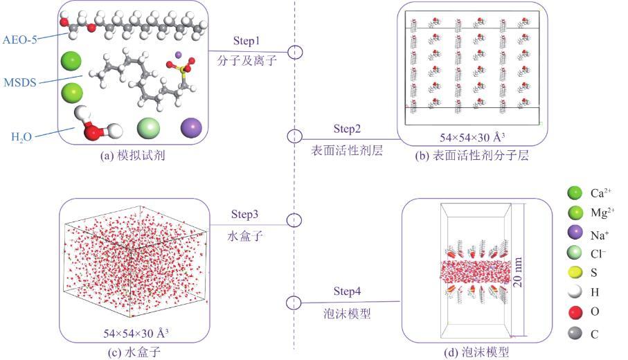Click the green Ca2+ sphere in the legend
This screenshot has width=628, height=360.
tap(573, 192)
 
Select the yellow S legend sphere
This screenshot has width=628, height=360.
tap(573, 273)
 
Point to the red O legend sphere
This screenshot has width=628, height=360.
tap(573, 313)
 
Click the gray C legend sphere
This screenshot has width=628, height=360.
tap(573, 333)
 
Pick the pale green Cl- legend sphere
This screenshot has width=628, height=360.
tap(573, 253)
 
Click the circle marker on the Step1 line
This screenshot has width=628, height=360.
tap(295, 52)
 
